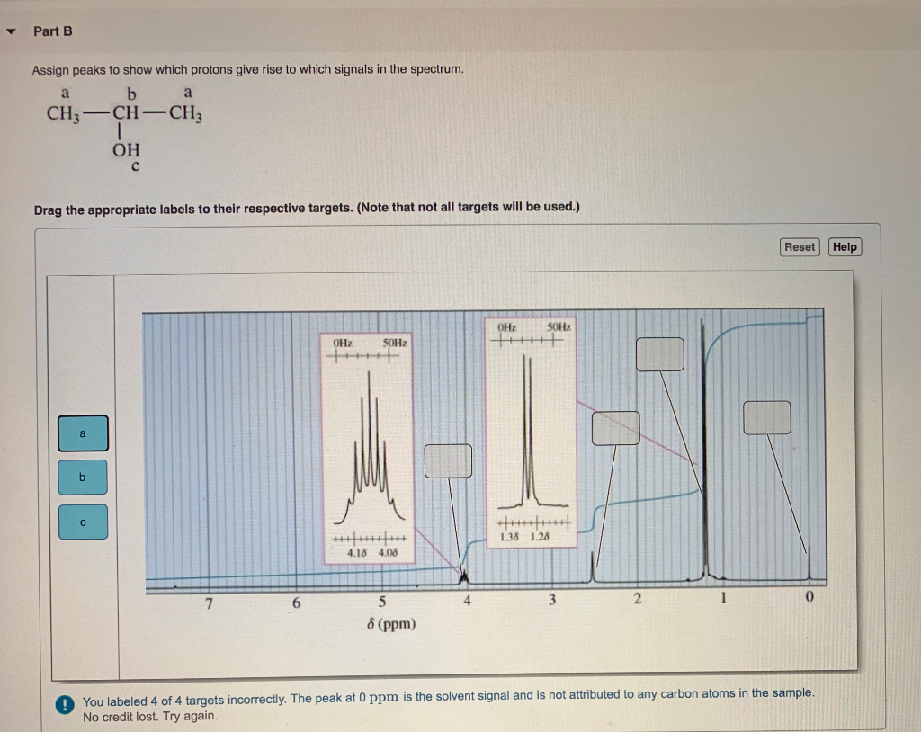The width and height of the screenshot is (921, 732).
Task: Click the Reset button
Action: [x=800, y=247]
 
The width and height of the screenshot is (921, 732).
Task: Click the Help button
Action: [x=845, y=247]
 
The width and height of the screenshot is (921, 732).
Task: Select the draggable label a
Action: [x=83, y=433]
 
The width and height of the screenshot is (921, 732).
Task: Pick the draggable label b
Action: [x=83, y=478]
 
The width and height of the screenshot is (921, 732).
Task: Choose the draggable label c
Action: [x=83, y=522]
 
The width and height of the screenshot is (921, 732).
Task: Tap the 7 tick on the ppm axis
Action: [x=209, y=601]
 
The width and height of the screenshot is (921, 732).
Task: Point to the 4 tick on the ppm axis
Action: [x=466, y=600]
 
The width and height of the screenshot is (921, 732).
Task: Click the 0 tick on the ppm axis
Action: [x=809, y=598]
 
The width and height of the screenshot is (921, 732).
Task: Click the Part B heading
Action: [x=53, y=31]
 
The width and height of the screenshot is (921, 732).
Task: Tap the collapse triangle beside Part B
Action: [x=12, y=31]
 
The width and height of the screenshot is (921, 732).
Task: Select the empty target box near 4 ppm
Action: [x=448, y=461]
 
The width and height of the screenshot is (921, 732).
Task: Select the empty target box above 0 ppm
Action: [x=767, y=417]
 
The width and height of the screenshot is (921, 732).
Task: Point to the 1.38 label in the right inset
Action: [x=509, y=538]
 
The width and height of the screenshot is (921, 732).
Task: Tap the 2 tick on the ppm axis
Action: [x=636, y=599]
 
